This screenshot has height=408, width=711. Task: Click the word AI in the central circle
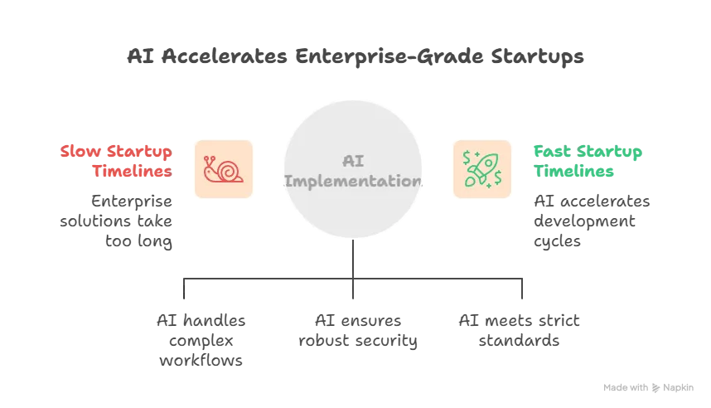(x=355, y=161)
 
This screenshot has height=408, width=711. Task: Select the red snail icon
(x=223, y=168)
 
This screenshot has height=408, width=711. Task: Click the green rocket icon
(x=481, y=168)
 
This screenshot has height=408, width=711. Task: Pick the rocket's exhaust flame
(x=472, y=178)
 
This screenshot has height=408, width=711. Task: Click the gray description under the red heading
(x=118, y=221)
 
